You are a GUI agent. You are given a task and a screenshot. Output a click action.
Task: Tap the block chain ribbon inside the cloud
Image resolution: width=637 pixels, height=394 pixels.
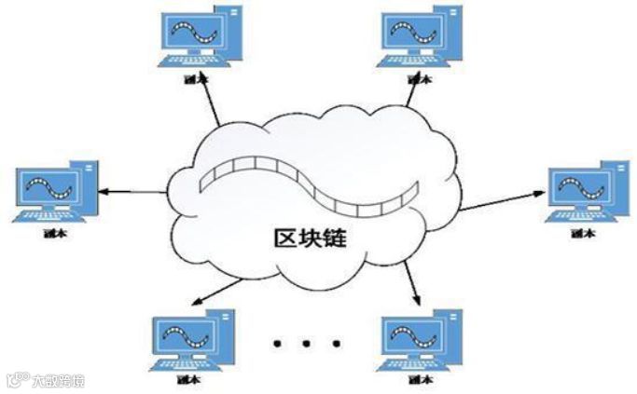308,182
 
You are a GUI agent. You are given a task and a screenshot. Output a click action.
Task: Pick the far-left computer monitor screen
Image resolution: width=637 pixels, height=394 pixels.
48,185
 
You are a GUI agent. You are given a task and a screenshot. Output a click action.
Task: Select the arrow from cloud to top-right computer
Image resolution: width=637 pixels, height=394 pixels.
411,92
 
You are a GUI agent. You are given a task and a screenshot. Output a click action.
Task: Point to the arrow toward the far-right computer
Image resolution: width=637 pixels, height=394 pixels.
504,198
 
